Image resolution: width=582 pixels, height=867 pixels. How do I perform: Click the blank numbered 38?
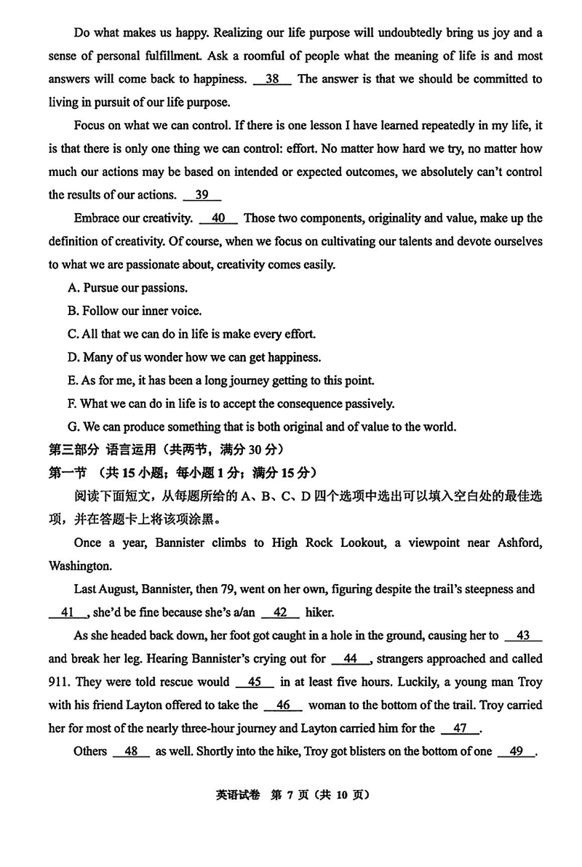click(x=273, y=79)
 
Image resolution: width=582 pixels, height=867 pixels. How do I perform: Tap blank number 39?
click(x=202, y=195)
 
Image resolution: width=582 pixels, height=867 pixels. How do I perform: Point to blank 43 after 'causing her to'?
click(x=522, y=636)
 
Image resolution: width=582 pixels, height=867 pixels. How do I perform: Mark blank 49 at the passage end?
click(x=517, y=752)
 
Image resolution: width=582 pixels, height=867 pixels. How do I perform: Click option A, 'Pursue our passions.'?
click(x=127, y=288)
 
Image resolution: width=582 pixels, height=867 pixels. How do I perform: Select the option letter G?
click(x=72, y=427)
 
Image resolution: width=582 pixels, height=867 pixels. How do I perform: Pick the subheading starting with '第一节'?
click(x=182, y=473)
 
